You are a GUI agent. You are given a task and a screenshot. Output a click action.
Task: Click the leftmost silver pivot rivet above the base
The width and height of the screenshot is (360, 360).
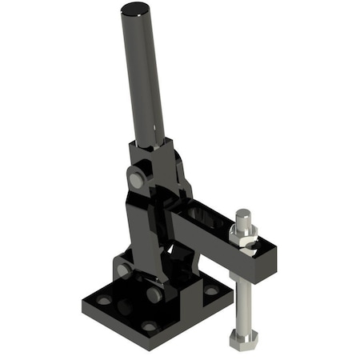[x=124, y=271]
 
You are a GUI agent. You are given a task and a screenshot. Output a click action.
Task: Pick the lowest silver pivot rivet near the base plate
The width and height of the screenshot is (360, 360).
[x=152, y=294]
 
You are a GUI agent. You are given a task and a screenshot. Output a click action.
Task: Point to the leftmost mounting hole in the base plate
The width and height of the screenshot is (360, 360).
[x=105, y=301]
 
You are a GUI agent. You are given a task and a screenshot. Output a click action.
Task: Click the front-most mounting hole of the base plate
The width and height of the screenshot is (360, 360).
[x=150, y=326]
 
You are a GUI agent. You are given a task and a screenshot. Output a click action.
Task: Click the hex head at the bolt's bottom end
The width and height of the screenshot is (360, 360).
[x=243, y=337]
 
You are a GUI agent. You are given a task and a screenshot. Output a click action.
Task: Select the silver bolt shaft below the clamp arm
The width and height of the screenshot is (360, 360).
[x=243, y=300]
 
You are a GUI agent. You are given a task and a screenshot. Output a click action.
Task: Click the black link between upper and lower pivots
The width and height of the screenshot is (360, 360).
[x=145, y=240]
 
